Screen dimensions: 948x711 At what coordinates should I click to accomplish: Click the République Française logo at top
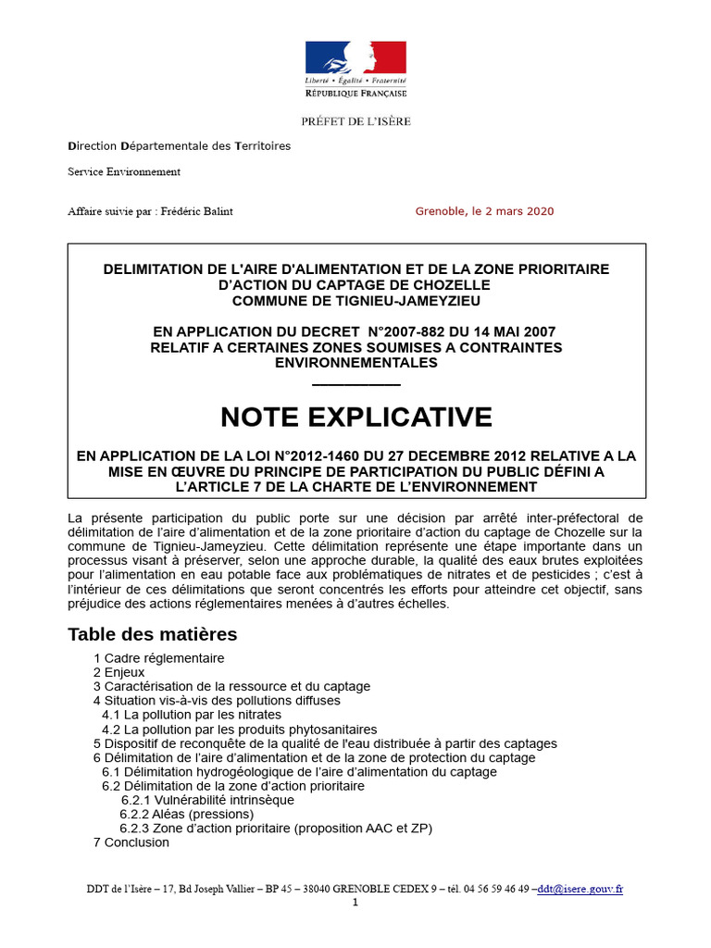pyautogui.click(x=355, y=69)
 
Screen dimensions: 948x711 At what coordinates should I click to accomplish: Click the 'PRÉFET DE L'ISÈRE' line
pyautogui.click(x=355, y=121)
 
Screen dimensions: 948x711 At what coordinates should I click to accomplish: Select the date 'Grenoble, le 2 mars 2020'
pyautogui.click(x=484, y=211)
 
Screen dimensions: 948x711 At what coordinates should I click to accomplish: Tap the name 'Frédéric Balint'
pyautogui.click(x=196, y=211)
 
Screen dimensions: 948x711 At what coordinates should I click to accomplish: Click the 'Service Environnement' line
pyautogui.click(x=124, y=171)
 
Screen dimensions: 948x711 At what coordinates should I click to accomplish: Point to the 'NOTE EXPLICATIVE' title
pyautogui.click(x=356, y=418)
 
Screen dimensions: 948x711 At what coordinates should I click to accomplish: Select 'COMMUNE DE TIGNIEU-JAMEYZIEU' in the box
pyautogui.click(x=356, y=300)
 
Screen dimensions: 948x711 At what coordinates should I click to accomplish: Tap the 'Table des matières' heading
pyautogui.click(x=152, y=634)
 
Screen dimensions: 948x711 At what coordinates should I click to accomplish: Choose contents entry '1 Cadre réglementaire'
pyautogui.click(x=158, y=658)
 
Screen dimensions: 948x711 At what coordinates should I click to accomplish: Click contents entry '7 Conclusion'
pyautogui.click(x=131, y=842)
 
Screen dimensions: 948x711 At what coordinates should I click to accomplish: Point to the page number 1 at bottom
pyautogui.click(x=355, y=903)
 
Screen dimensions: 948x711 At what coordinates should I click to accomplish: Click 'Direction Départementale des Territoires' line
pyautogui.click(x=179, y=146)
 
